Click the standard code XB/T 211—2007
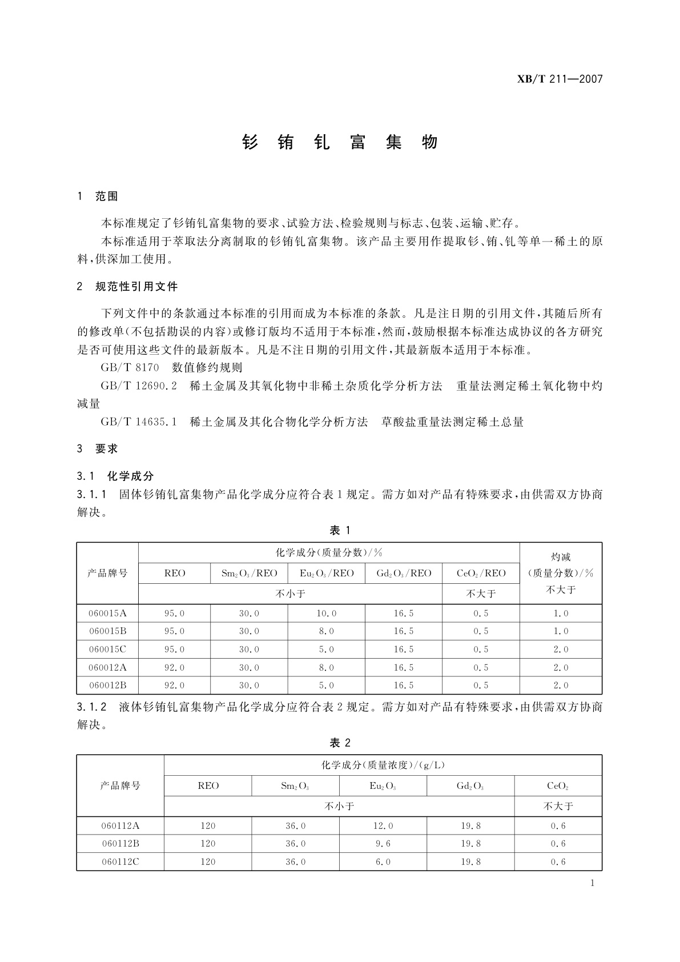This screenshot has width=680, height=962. click(x=560, y=79)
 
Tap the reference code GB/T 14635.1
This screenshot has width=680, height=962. click(x=139, y=422)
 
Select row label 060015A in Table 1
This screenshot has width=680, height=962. click(x=107, y=613)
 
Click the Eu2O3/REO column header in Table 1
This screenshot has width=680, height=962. click(x=327, y=573)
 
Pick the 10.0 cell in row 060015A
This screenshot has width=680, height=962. click(x=327, y=613)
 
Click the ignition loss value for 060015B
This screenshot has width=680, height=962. click(x=561, y=631)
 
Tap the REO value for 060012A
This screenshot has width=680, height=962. click(x=174, y=667)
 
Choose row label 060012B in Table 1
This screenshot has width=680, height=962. click(x=107, y=685)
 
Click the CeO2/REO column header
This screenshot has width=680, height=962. click(x=481, y=573)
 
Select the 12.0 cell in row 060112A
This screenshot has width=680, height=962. click(x=383, y=825)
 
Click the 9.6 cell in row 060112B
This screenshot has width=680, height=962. click(x=383, y=844)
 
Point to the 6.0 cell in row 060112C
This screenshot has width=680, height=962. click(x=383, y=861)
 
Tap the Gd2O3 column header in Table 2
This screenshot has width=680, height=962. click(x=470, y=786)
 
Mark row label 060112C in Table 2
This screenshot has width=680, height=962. click(x=120, y=861)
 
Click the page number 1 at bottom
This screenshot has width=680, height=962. click(x=592, y=883)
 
